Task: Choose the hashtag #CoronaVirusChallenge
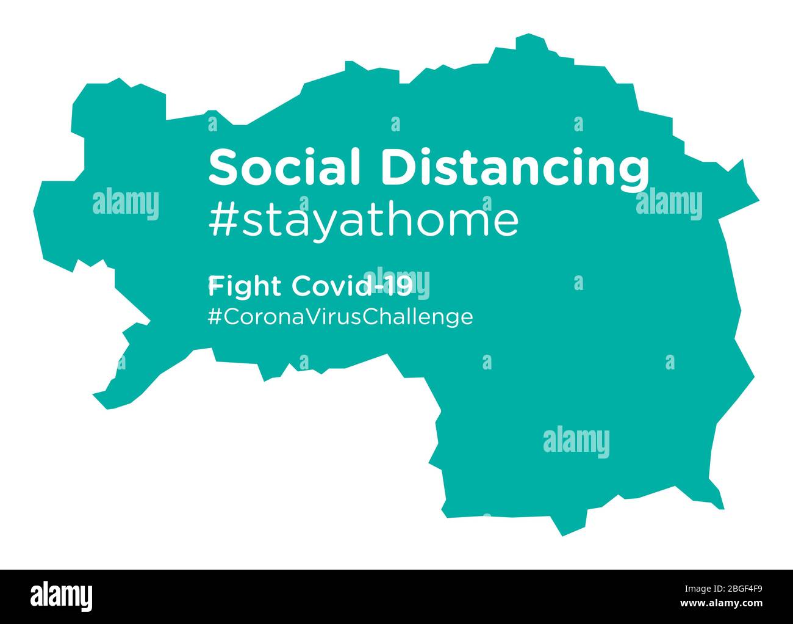click(340, 316)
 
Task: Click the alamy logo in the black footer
click(62, 595)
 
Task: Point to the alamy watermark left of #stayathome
click(126, 204)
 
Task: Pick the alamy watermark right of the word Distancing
click(669, 204)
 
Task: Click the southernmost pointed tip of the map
click(562, 535)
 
